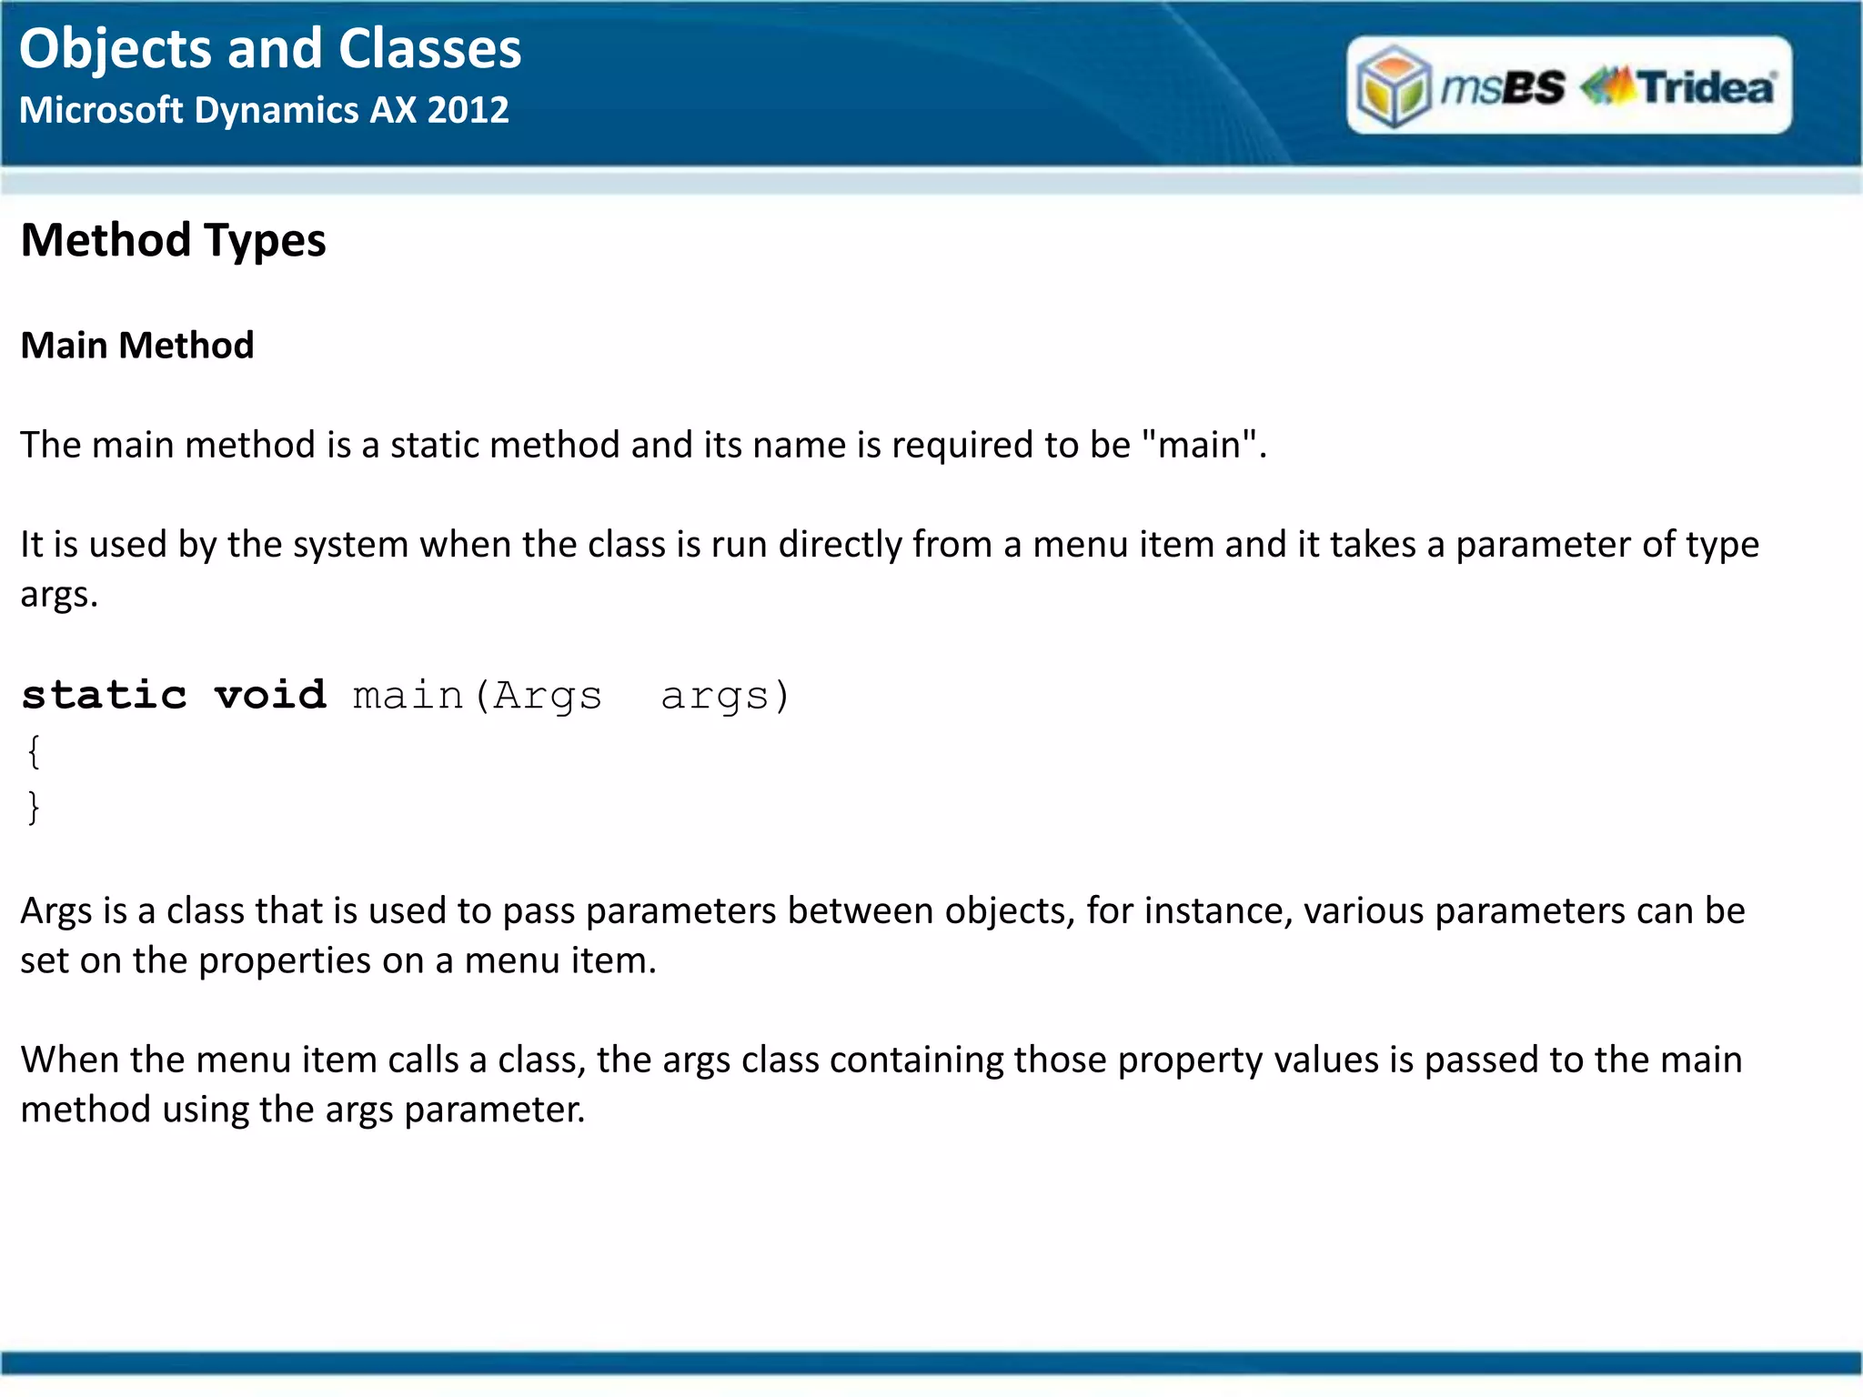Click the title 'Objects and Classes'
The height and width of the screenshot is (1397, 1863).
click(x=270, y=49)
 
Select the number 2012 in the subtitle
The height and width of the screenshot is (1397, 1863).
click(x=468, y=111)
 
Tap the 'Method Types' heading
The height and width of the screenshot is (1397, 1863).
click(x=173, y=241)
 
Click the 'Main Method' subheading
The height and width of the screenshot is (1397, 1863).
click(x=137, y=346)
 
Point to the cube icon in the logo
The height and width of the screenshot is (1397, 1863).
click(x=1393, y=86)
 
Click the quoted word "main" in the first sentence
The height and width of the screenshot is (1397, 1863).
click(x=1200, y=446)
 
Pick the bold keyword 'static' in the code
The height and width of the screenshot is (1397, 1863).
click(x=105, y=696)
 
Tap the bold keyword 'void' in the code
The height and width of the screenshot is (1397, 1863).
click(x=270, y=696)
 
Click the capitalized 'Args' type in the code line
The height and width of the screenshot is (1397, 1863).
click(x=547, y=696)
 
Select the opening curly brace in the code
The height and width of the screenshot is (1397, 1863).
click(x=34, y=752)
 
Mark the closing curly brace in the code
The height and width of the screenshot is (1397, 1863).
click(x=34, y=807)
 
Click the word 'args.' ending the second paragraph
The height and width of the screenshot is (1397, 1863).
click(x=59, y=596)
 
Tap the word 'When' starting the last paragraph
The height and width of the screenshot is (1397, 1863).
click(x=69, y=1060)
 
